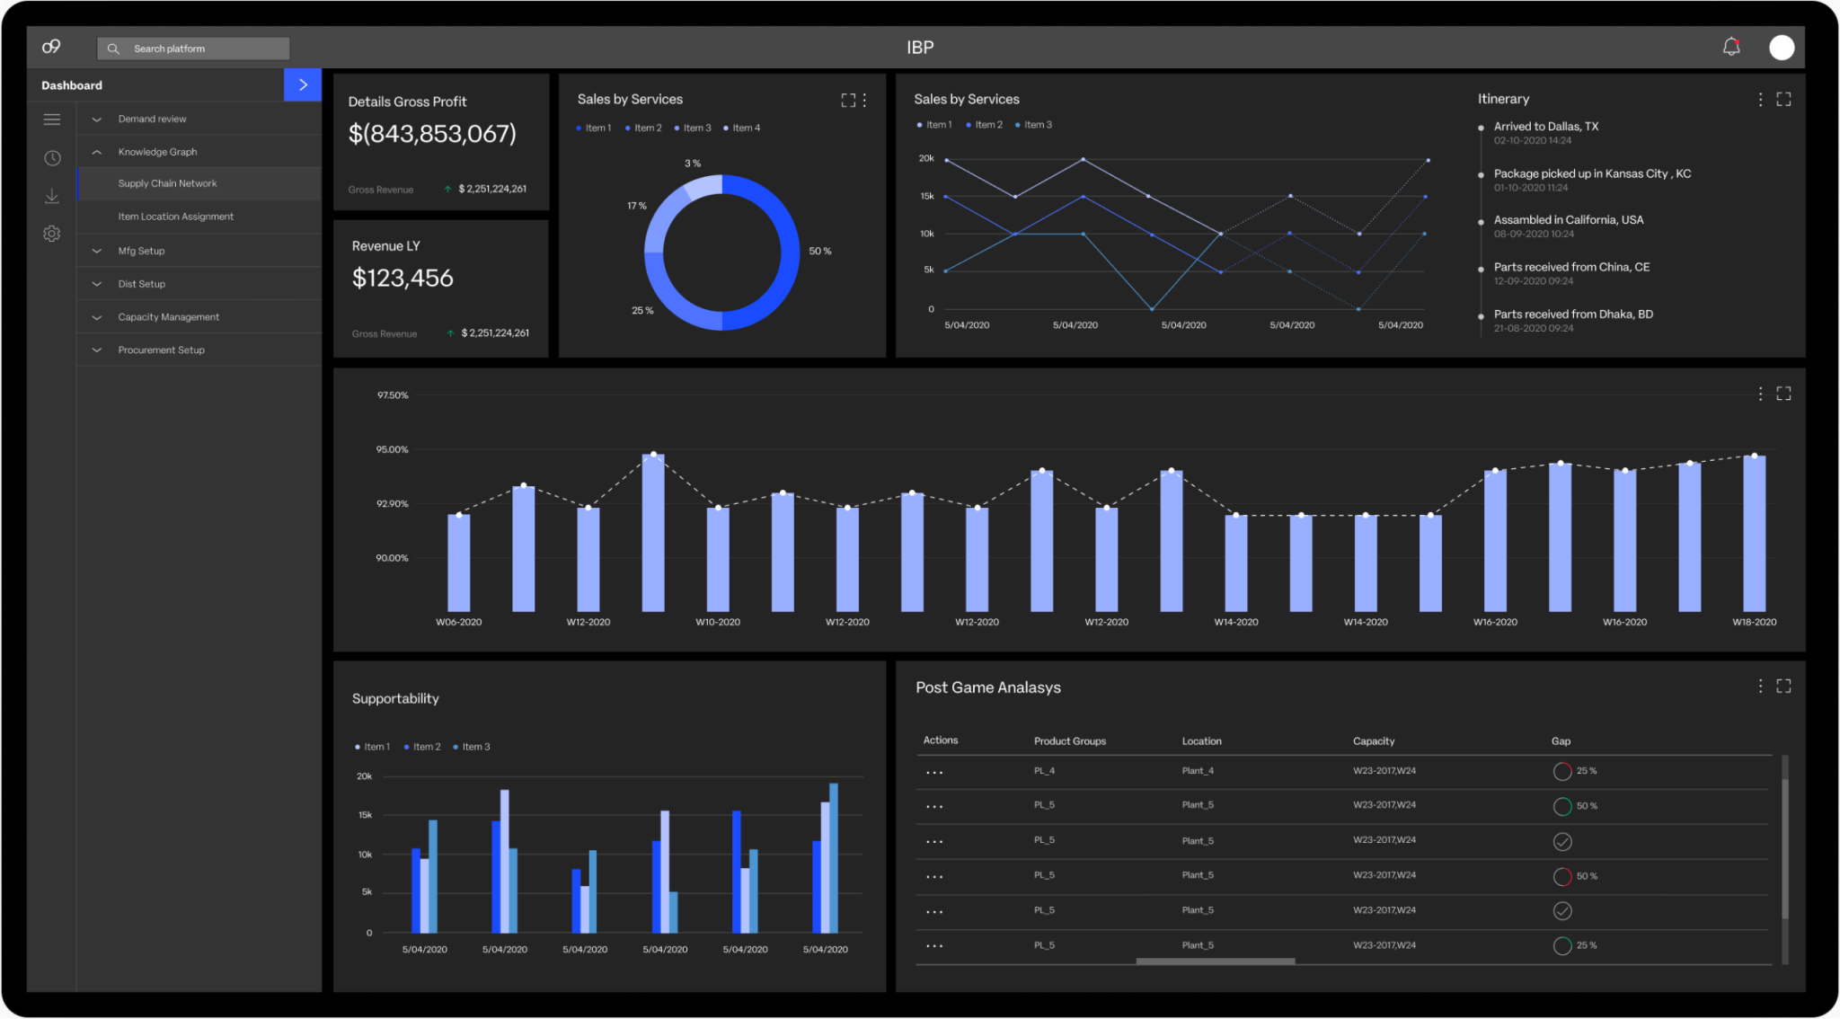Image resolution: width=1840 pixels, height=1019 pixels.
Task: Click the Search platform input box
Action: (x=193, y=49)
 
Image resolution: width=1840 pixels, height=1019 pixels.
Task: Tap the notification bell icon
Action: (x=1730, y=47)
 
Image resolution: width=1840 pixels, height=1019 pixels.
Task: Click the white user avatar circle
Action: (x=1781, y=48)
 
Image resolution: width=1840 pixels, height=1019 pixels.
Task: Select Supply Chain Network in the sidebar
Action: (x=167, y=183)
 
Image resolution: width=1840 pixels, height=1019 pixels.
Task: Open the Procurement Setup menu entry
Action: (x=161, y=350)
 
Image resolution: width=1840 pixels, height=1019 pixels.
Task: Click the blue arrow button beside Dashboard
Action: (x=303, y=84)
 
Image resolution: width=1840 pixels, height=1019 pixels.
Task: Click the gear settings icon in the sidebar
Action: (x=52, y=234)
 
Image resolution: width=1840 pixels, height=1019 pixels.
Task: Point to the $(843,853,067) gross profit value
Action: (x=432, y=134)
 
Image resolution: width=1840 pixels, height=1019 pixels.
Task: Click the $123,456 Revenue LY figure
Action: (x=402, y=278)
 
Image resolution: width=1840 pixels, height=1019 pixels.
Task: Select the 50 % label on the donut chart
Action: (x=819, y=252)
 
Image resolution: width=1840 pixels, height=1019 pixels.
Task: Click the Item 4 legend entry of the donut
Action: (x=745, y=128)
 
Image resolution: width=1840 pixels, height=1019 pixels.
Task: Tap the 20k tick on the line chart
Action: (x=925, y=158)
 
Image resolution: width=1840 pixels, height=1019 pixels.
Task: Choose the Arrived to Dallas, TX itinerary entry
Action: (x=1545, y=127)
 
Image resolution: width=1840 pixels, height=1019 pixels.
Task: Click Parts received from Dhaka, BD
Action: (x=1572, y=315)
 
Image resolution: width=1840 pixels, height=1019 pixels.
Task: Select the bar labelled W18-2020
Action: (x=1754, y=534)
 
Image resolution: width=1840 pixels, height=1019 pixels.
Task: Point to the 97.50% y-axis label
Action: (x=392, y=395)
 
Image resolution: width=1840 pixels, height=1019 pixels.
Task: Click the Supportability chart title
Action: (x=395, y=698)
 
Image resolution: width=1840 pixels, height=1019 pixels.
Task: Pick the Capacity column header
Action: (x=1373, y=741)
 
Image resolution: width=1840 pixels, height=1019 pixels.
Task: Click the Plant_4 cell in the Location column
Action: (x=1198, y=771)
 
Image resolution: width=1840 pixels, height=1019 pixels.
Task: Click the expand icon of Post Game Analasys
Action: (x=1783, y=687)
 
